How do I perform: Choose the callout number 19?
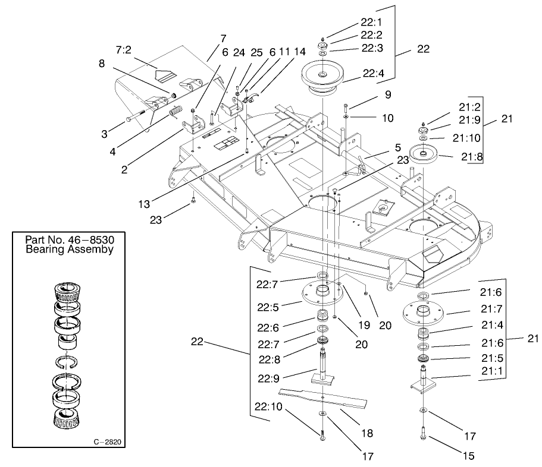tap(364, 325)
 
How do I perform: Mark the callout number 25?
tap(256, 52)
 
